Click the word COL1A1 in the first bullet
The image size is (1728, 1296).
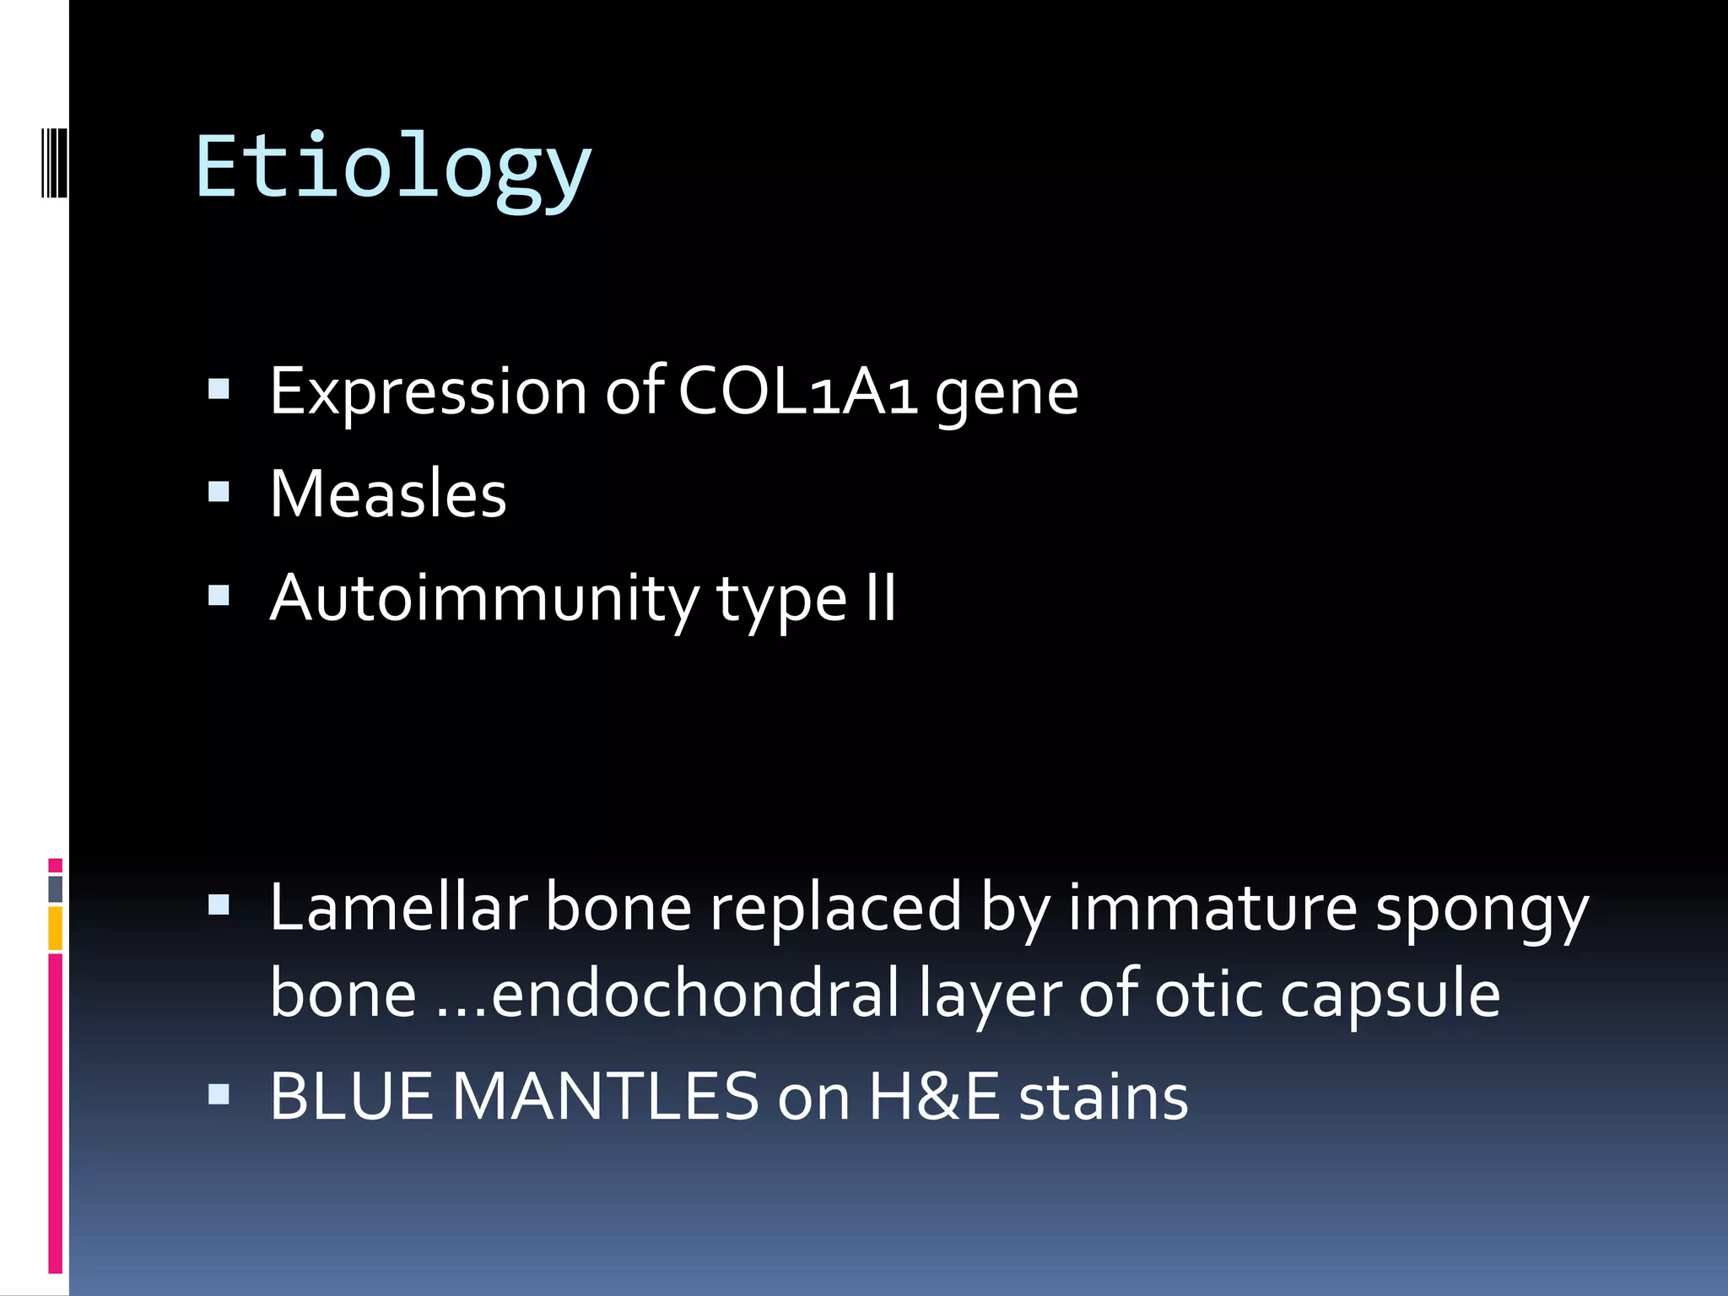(x=797, y=391)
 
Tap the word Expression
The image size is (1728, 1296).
(x=428, y=393)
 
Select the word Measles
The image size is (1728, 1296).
(x=388, y=494)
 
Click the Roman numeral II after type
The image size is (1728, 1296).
(x=880, y=597)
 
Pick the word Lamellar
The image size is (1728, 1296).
(x=398, y=908)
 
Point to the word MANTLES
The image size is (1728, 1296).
(x=605, y=1097)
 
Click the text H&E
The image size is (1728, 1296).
(x=933, y=1097)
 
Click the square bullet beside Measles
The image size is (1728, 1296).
(x=219, y=492)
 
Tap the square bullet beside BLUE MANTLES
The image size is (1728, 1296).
(x=219, y=1094)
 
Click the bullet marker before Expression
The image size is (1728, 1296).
(x=219, y=388)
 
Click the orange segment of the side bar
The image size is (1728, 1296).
(x=55, y=928)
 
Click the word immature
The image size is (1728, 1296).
(x=1212, y=908)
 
